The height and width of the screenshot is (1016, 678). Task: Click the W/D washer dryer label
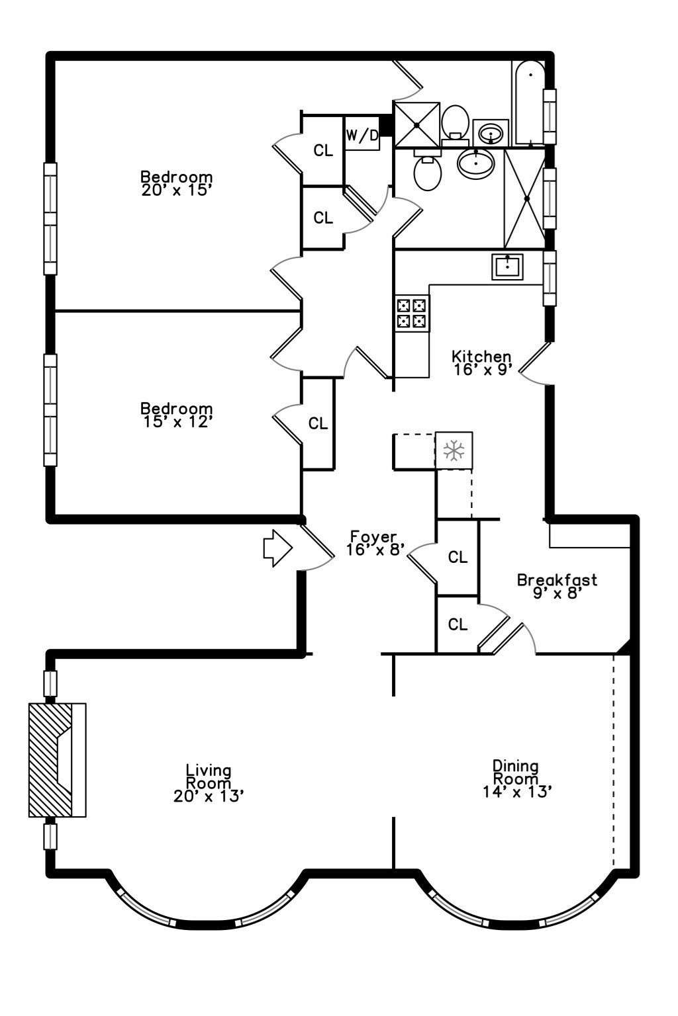(x=362, y=136)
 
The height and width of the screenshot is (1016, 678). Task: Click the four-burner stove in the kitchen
(x=411, y=314)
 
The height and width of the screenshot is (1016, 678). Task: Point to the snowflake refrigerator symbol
(x=454, y=451)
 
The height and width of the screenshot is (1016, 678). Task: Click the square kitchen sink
(x=507, y=266)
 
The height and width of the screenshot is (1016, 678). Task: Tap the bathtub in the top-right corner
(x=528, y=103)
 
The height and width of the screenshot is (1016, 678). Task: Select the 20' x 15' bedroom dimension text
(x=176, y=190)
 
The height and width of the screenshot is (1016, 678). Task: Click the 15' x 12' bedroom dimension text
(x=177, y=421)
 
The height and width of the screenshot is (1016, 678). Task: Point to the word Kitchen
(x=481, y=357)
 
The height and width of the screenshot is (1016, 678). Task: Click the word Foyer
(x=373, y=536)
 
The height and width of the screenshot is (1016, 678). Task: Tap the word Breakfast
(x=557, y=580)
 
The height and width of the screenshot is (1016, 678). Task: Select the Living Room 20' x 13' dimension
(x=209, y=796)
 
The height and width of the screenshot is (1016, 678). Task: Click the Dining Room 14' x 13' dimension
(x=517, y=792)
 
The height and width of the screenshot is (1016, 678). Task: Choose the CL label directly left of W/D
(x=323, y=151)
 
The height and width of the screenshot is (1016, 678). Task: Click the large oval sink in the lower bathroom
(x=475, y=162)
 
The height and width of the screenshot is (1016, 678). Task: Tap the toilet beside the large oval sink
(x=428, y=171)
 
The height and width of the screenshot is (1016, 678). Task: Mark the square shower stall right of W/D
(x=416, y=124)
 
